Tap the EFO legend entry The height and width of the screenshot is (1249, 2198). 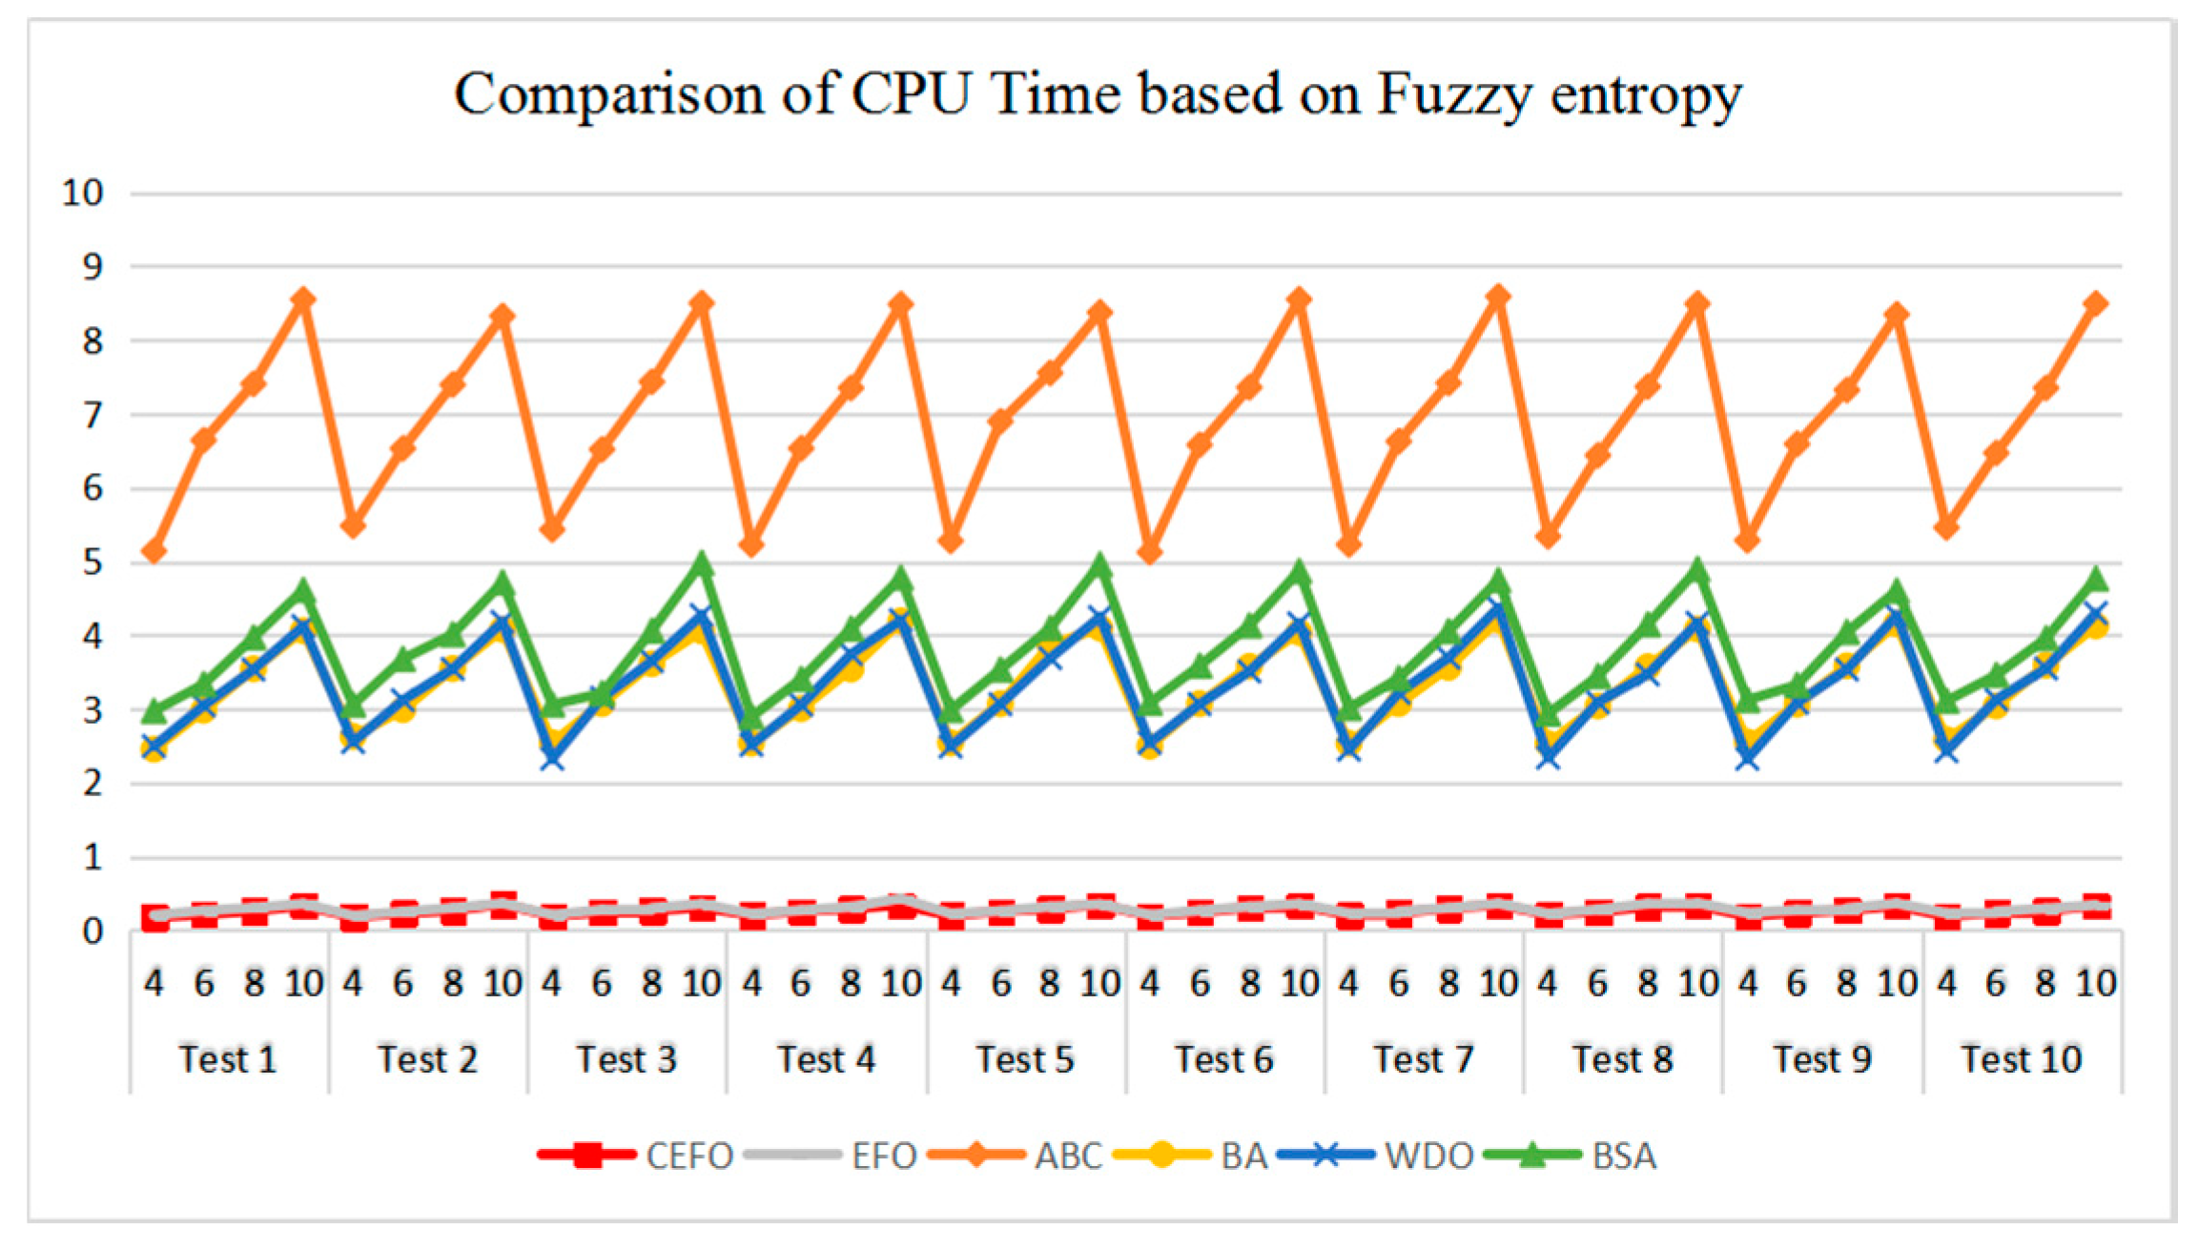[883, 1156]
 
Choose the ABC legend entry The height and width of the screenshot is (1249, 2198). [1068, 1156]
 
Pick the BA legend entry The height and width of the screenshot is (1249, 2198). [1243, 1156]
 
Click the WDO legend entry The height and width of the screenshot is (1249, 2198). [1428, 1156]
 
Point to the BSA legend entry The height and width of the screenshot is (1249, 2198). [1624, 1156]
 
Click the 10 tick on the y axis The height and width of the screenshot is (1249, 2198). [82, 193]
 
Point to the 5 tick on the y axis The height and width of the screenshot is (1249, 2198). [92, 563]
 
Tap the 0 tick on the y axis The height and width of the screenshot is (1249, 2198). [92, 932]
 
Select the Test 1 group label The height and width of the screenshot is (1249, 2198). [228, 1059]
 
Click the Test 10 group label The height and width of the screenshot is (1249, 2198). [2021, 1059]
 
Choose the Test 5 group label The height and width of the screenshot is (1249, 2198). [1024, 1059]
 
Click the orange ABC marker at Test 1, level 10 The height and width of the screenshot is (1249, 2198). [303, 300]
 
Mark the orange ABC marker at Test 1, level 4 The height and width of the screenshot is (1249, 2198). [154, 551]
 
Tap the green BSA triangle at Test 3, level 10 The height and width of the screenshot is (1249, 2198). [702, 564]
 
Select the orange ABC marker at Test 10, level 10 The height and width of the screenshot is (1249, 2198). [2095, 303]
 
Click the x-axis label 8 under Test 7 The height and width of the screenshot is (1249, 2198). [1448, 983]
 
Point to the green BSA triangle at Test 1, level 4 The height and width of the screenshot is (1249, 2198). [154, 710]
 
